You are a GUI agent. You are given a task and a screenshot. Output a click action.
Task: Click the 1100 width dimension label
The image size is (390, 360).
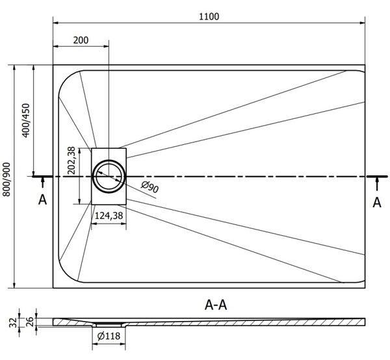tap(209, 16)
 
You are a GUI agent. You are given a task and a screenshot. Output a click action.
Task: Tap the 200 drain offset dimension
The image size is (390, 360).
tap(81, 40)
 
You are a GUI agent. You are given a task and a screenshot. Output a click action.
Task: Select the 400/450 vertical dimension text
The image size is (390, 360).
tap(26, 120)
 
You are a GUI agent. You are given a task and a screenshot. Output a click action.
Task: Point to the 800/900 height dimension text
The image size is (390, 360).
tap(6, 179)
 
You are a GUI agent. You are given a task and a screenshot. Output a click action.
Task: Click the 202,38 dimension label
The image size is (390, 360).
tap(71, 161)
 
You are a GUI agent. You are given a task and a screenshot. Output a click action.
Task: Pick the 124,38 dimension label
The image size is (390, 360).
tap(109, 215)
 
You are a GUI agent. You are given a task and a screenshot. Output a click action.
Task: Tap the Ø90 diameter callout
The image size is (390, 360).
tap(149, 187)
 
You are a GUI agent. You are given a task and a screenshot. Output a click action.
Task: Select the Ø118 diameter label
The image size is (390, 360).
tap(109, 336)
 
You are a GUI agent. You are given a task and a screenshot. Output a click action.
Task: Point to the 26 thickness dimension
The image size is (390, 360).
tap(29, 321)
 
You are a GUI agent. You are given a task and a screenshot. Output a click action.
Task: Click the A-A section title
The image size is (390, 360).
tap(216, 305)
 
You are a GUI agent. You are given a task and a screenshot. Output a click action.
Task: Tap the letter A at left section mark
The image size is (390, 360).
tap(42, 199)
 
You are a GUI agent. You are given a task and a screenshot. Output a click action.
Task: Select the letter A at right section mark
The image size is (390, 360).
tap(377, 203)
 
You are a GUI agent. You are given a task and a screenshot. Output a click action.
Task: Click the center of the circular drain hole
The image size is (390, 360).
tap(109, 176)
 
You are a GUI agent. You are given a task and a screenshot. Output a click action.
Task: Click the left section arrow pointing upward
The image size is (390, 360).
tap(42, 183)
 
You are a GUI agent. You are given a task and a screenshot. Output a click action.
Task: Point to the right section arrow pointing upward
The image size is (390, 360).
tap(377, 184)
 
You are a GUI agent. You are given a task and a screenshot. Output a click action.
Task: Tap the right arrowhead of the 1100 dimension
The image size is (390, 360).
tap(363, 23)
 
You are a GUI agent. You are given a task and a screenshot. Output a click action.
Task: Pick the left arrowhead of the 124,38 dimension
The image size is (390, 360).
tap(94, 224)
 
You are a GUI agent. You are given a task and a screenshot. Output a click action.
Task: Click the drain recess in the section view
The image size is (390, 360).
tap(109, 325)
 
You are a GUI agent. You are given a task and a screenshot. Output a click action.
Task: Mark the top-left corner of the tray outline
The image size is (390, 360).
tap(53, 65)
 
